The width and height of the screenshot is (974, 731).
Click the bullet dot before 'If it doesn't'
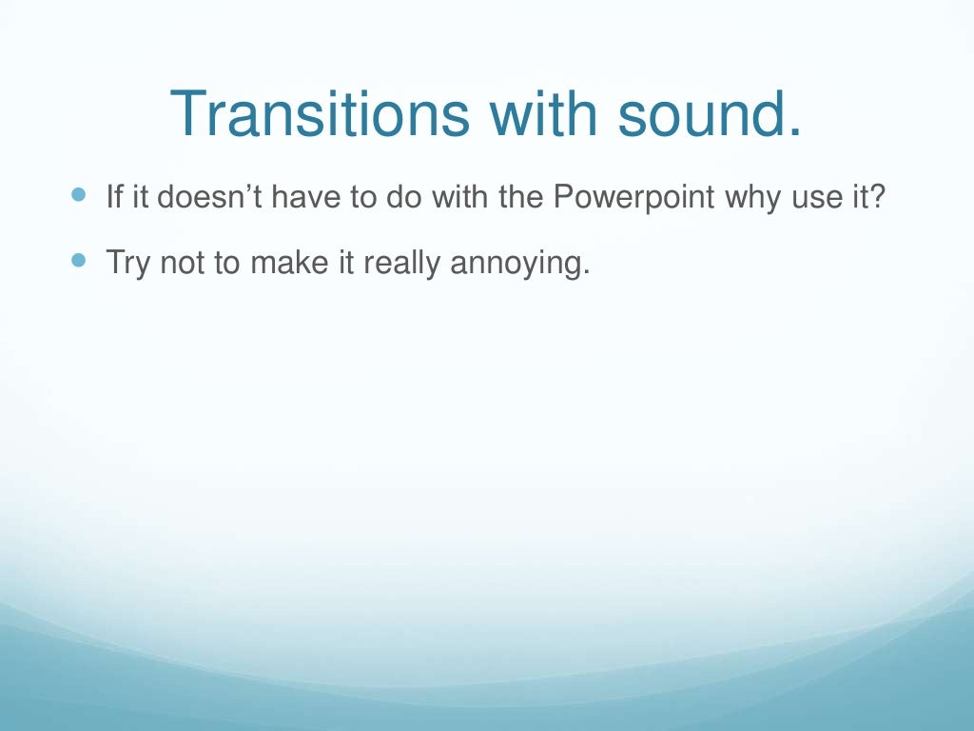tap(78, 196)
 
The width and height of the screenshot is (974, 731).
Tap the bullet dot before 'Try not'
tap(78, 259)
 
